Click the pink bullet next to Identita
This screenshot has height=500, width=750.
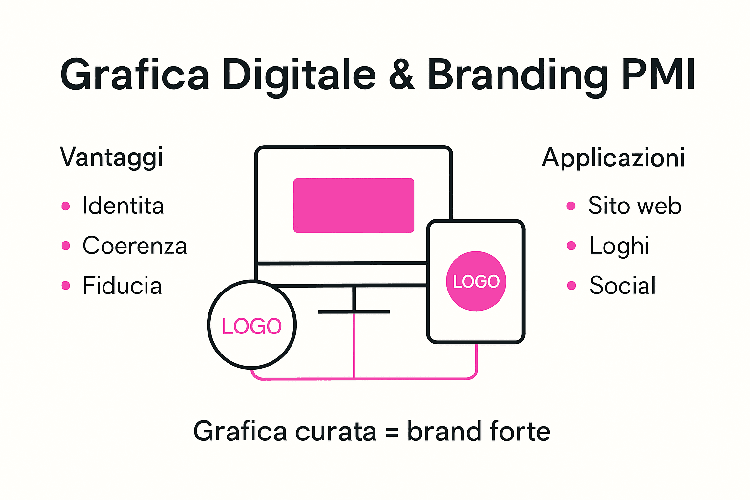click(66, 206)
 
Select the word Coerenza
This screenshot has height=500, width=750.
click(135, 246)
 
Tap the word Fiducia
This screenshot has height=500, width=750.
click(122, 286)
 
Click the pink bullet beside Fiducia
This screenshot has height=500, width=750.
click(66, 286)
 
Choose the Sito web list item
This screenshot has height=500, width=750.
click(634, 206)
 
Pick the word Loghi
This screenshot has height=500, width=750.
click(619, 246)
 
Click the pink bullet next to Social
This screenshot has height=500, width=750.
click(571, 286)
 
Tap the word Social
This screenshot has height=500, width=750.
click(623, 286)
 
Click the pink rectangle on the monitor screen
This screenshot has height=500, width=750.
click(354, 206)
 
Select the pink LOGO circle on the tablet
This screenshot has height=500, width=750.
click(476, 281)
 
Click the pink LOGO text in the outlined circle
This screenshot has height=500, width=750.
click(251, 326)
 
